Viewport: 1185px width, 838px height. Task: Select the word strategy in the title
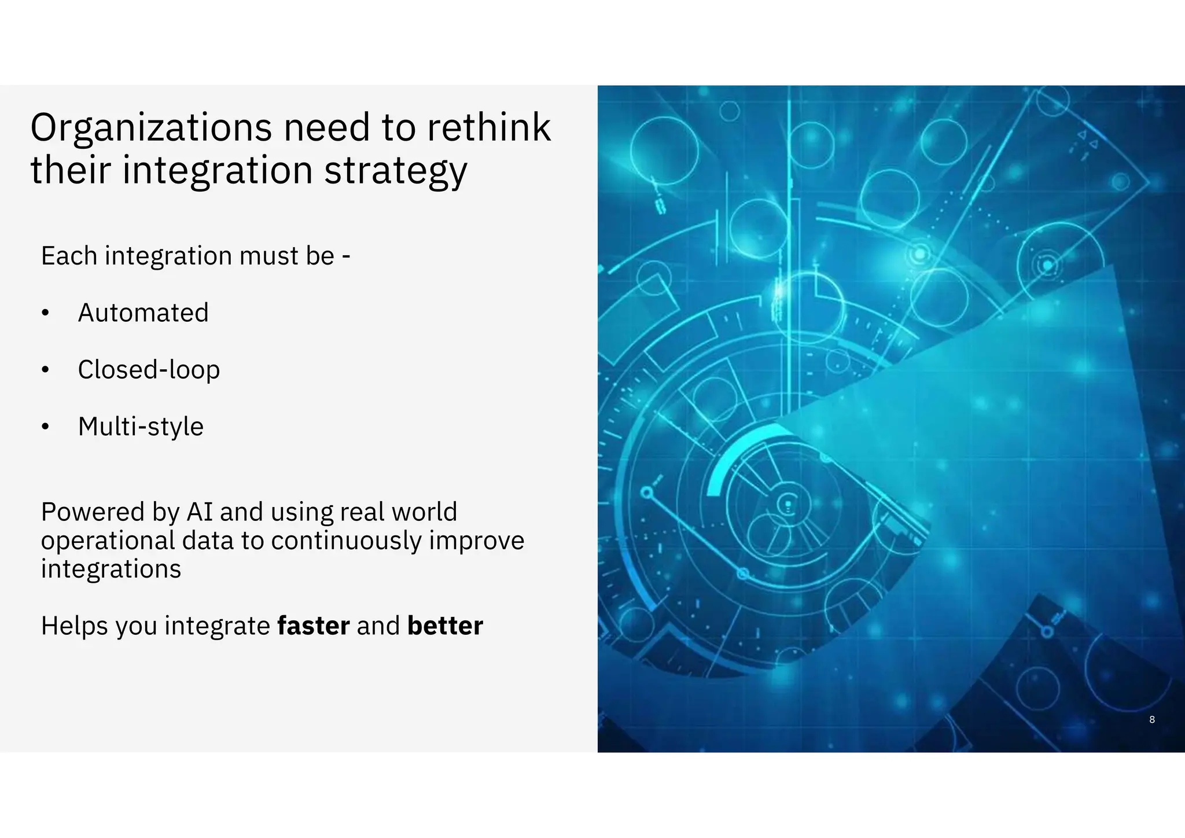[x=395, y=171]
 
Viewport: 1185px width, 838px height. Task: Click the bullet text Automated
[x=143, y=313]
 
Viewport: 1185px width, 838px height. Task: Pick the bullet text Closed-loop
[x=149, y=370]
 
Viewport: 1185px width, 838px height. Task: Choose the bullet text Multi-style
[x=141, y=427]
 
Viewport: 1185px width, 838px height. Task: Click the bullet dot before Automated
[x=46, y=314]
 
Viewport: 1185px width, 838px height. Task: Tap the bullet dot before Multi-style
[x=46, y=428]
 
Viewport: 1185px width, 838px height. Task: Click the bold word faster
[x=314, y=626]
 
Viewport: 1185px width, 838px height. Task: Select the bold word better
[x=445, y=626]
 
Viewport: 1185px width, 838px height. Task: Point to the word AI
[x=200, y=512]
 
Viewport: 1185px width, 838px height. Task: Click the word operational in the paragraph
[x=108, y=541]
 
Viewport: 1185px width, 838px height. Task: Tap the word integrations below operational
[x=111, y=569]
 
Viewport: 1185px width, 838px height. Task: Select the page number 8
[x=1151, y=719]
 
